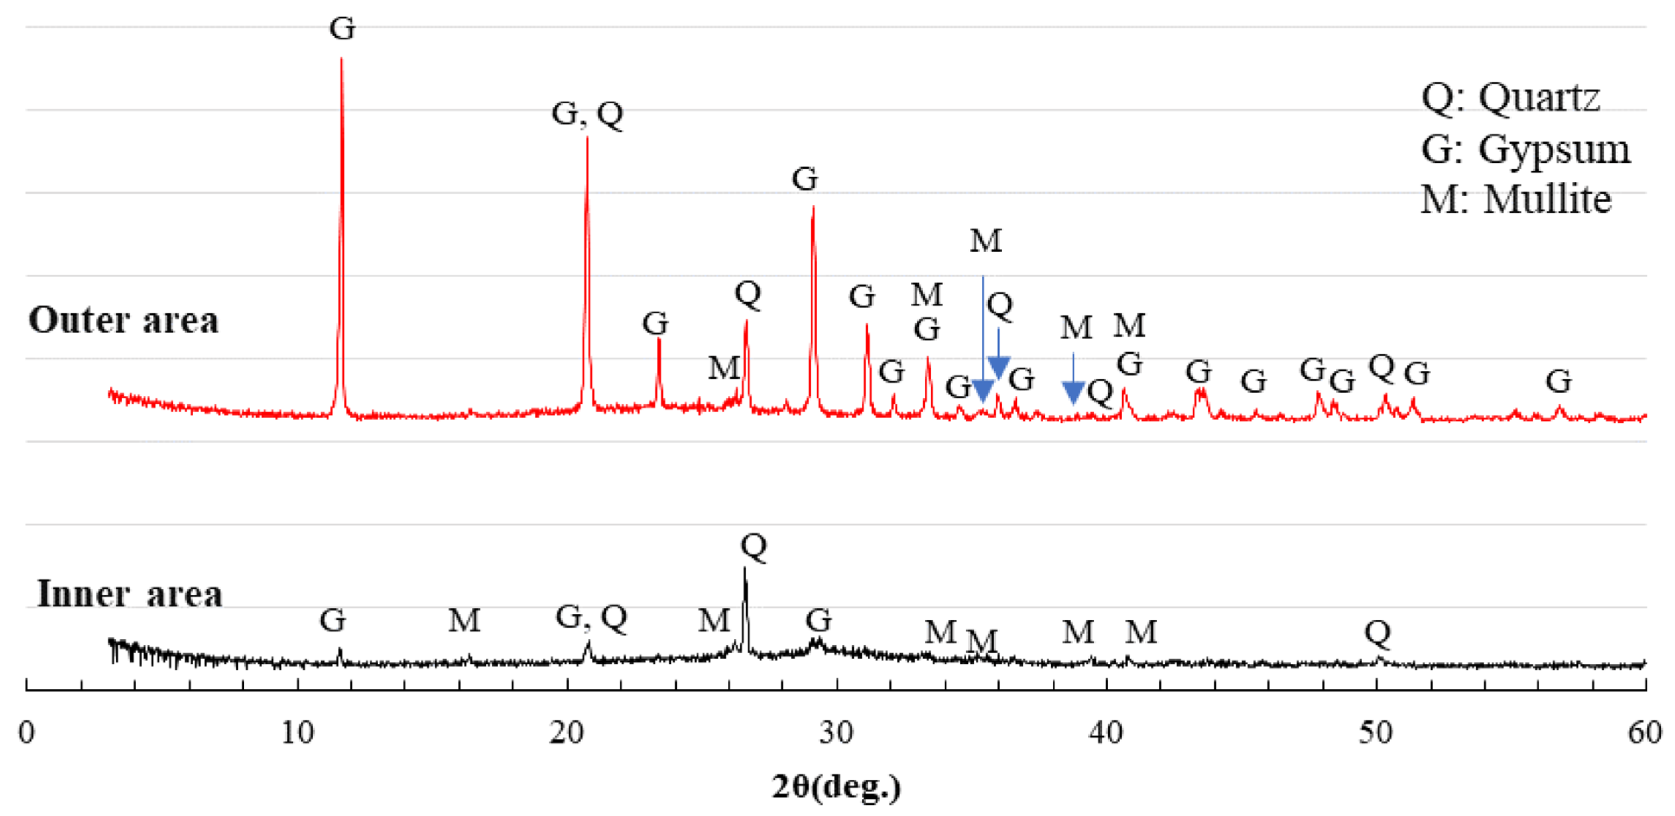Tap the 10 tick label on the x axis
(297, 733)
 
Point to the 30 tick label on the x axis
(836, 733)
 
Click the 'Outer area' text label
(124, 321)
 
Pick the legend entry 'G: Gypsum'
(1525, 149)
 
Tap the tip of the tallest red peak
(341, 58)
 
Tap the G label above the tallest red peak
(342, 29)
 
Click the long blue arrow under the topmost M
(983, 338)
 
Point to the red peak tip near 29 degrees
(813, 207)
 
